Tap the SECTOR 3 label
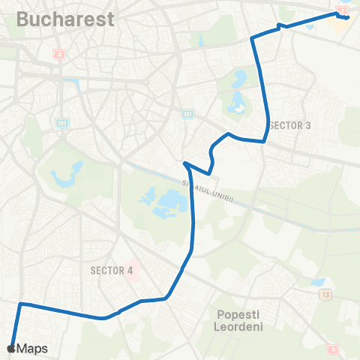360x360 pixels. pos(289,125)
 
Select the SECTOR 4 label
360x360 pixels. pos(111,269)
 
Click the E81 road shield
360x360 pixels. pos(187,113)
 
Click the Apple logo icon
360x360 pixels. pos(10,348)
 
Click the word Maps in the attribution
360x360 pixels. pos(32,349)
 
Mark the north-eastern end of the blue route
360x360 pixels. pos(348,17)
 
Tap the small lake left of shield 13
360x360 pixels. pos(318,283)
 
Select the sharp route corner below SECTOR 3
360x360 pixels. pos(264,141)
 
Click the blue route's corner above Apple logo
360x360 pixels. pos(20,304)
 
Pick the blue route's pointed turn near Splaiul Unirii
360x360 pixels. pos(184,162)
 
